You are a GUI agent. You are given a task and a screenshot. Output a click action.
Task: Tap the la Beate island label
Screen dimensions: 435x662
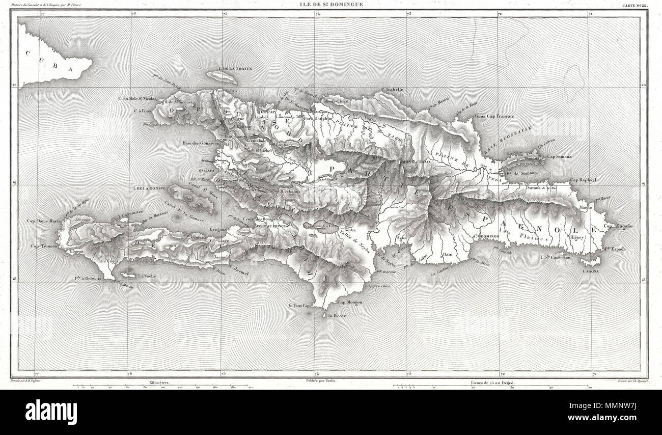point(337,316)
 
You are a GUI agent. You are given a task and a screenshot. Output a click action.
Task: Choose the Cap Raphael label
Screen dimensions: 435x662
point(586,180)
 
